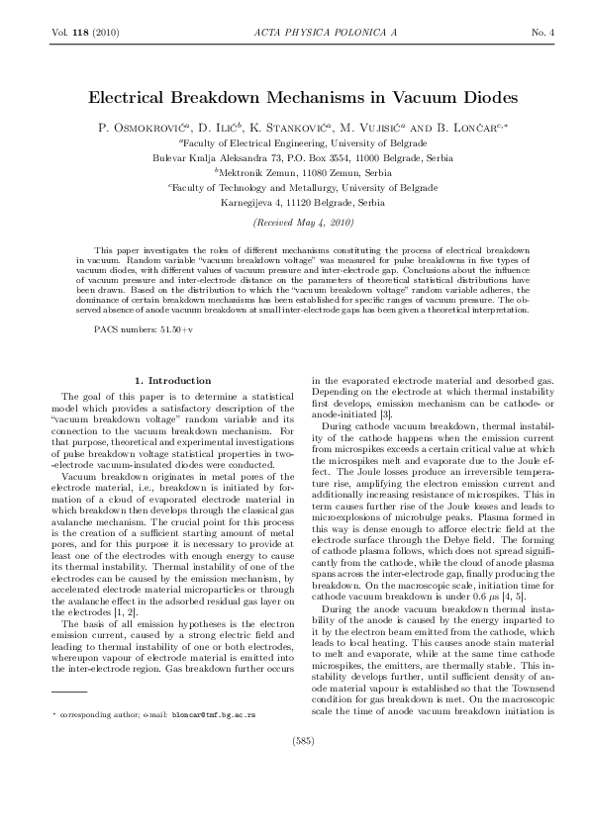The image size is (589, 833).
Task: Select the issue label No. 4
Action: tap(542, 33)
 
